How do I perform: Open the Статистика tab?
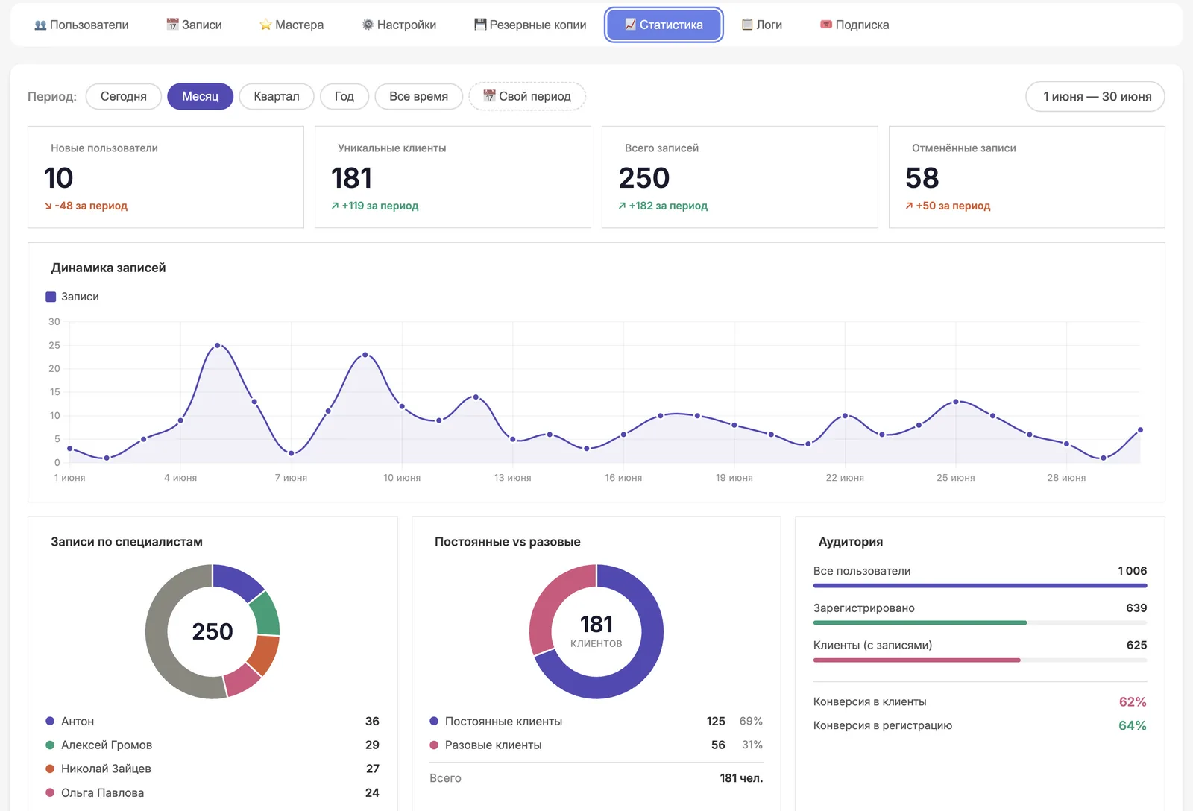[x=664, y=25]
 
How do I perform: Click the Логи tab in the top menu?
[x=761, y=25]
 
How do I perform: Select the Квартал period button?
[x=277, y=96]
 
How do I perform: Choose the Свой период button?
[x=526, y=96]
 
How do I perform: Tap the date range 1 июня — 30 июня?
[x=1095, y=96]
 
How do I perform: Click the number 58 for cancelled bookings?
[x=922, y=178]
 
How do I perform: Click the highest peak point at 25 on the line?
[x=217, y=346]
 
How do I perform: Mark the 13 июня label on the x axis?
[x=512, y=478]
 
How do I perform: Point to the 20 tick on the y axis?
[x=54, y=368]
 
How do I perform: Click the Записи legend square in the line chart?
[x=51, y=297]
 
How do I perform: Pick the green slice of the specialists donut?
[x=266, y=613]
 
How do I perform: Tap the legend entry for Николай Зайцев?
[x=106, y=769]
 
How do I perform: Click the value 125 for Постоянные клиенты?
[x=715, y=721]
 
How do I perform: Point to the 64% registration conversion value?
[x=1133, y=725]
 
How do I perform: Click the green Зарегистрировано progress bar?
[x=920, y=622]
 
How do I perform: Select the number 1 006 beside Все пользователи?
[x=1132, y=571]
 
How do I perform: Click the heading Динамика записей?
[x=108, y=268]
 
